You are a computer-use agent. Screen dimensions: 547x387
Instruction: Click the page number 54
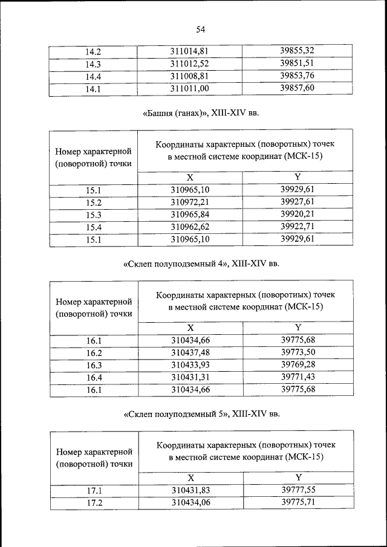[201, 28]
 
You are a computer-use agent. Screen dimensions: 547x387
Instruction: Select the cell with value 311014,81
[189, 51]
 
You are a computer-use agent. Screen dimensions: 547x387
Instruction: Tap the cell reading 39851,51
[297, 63]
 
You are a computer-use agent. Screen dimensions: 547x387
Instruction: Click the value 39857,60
[297, 88]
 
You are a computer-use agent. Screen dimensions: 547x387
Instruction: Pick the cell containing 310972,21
[190, 202]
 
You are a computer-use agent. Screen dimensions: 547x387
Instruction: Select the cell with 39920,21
[298, 215]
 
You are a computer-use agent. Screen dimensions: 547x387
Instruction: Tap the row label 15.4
[93, 227]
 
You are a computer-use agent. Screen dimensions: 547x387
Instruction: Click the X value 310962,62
[190, 227]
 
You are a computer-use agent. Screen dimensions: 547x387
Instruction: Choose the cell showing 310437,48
[190, 352]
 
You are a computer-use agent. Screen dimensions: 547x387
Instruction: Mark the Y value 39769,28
[298, 364]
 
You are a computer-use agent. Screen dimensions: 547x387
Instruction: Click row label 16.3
[94, 365]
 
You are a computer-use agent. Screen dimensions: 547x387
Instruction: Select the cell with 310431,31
[190, 377]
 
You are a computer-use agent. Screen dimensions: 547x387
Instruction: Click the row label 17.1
[94, 491]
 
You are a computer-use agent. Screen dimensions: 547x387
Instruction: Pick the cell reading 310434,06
[190, 502]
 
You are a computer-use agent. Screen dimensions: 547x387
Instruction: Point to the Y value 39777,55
[298, 490]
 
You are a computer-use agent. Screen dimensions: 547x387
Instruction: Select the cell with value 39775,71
[298, 502]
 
